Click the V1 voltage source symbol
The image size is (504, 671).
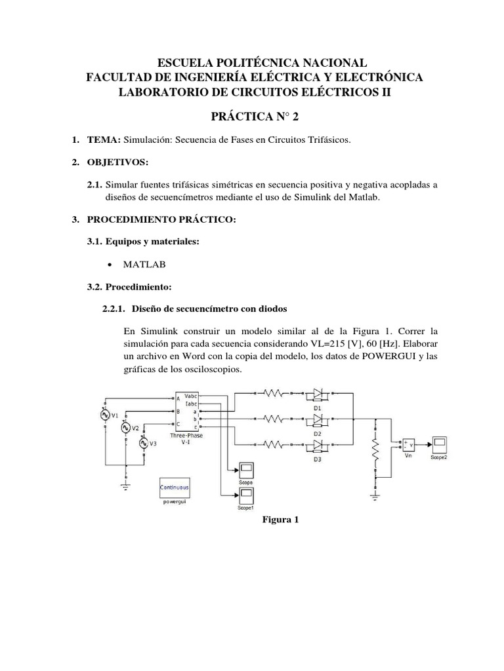click(x=104, y=415)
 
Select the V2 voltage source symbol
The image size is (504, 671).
click(x=125, y=428)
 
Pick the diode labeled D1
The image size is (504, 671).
click(x=317, y=394)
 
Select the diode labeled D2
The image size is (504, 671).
click(x=317, y=419)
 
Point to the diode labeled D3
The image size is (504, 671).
click(x=317, y=445)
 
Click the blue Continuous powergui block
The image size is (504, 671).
click(x=175, y=488)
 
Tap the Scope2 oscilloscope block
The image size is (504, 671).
click(x=438, y=443)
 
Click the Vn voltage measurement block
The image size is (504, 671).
click(x=409, y=445)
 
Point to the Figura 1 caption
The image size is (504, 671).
click(x=280, y=520)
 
